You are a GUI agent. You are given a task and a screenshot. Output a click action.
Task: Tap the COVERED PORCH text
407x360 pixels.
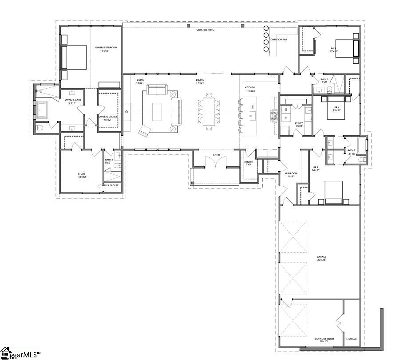point(206,30)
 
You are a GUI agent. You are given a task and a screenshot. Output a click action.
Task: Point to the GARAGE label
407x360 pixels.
point(321,257)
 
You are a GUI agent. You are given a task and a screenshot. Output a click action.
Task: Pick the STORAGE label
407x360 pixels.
point(351,339)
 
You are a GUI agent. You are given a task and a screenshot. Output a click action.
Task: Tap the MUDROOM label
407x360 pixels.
point(291,173)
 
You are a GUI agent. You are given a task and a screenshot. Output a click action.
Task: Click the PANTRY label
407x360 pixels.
point(249,162)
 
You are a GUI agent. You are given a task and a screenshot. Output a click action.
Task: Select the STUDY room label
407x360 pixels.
point(82,174)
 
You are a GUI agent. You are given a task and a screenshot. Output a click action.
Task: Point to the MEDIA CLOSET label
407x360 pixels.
point(110,185)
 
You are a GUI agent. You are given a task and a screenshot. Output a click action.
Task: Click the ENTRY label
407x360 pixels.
point(217,155)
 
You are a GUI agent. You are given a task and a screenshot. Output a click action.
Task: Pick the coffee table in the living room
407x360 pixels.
point(157,111)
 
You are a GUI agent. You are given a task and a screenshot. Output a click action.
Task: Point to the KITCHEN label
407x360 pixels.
point(250,87)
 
